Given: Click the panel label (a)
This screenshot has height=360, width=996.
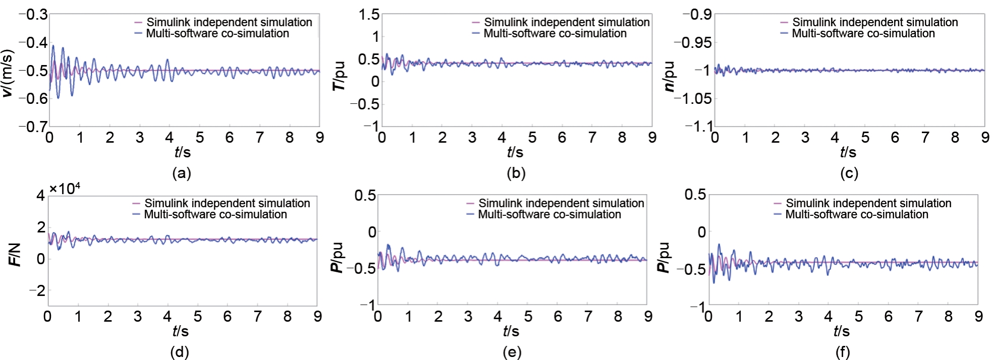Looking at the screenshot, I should (x=182, y=174).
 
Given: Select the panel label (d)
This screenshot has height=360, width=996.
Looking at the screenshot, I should (x=180, y=352).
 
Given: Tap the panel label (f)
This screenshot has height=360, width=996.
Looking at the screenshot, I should (x=843, y=353).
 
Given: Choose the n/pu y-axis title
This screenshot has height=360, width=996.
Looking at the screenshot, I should (x=670, y=76).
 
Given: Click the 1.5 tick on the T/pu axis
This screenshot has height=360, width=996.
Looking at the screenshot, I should (x=369, y=15).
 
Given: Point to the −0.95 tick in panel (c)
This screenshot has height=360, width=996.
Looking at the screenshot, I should (x=693, y=43).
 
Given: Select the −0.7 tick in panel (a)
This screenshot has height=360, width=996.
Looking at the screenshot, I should (x=33, y=127).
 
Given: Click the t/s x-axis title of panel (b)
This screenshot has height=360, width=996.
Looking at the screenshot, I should (x=515, y=152).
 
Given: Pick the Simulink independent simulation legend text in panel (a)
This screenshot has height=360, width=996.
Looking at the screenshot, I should (x=229, y=22).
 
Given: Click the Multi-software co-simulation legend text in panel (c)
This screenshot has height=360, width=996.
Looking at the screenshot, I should (x=863, y=34).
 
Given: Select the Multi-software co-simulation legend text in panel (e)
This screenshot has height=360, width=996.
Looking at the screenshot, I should (x=550, y=215).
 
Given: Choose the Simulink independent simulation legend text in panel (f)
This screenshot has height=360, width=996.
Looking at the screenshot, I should (x=868, y=203).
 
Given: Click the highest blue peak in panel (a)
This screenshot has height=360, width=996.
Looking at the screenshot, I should (x=53, y=45).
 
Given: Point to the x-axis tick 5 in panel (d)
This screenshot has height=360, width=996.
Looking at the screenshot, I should (x=197, y=317).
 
